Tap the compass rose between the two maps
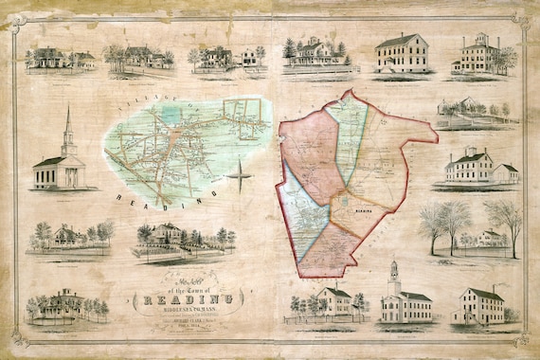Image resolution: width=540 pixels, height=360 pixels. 241,176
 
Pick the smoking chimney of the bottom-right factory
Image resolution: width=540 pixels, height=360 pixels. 493,284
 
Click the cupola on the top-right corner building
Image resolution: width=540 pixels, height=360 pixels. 482,39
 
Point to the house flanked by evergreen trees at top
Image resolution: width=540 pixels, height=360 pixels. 313,51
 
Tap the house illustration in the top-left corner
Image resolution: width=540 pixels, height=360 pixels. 52,58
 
